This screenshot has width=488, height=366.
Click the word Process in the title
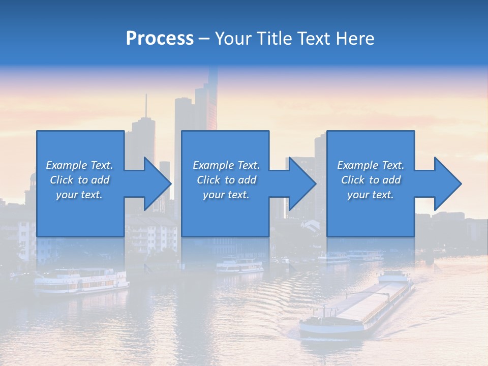tap(160, 39)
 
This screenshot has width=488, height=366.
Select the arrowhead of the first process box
tap(157, 184)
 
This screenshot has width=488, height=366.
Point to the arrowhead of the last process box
tap(447, 184)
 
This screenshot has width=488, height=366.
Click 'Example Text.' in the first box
tap(79, 165)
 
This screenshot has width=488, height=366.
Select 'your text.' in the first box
tap(79, 195)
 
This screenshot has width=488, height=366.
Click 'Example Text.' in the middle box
tap(226, 165)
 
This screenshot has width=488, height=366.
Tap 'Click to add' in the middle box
tap(226, 180)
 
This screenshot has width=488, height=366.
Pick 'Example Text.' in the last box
tap(371, 165)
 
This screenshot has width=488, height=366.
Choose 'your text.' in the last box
tap(371, 195)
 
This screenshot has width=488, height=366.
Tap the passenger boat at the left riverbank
tap(81, 281)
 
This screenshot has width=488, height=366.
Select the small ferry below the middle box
tap(239, 265)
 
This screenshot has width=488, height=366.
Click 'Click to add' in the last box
tap(371, 180)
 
